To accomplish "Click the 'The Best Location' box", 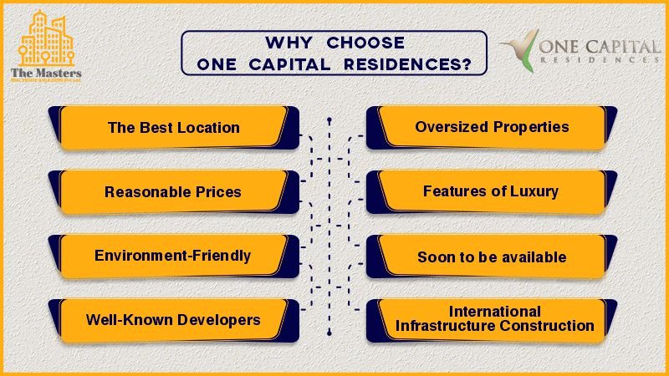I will pyautogui.click(x=174, y=128).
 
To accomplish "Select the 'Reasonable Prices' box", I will pyautogui.click(x=173, y=192).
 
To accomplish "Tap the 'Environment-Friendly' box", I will pyautogui.click(x=173, y=256).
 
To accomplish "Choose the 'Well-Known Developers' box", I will pyautogui.click(x=173, y=319).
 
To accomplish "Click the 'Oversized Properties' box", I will pyautogui.click(x=492, y=128).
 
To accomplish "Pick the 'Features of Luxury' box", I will pyautogui.click(x=491, y=191).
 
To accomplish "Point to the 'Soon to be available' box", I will pyautogui.click(x=492, y=257).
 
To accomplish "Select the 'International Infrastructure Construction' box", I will pyautogui.click(x=494, y=318).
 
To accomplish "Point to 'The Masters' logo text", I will pyautogui.click(x=47, y=73).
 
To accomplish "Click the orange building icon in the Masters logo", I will pyautogui.click(x=48, y=38).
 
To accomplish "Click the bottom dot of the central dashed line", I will pyautogui.click(x=330, y=333).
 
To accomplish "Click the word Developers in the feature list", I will pyautogui.click(x=222, y=319).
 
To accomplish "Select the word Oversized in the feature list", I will pyautogui.click(x=447, y=128).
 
